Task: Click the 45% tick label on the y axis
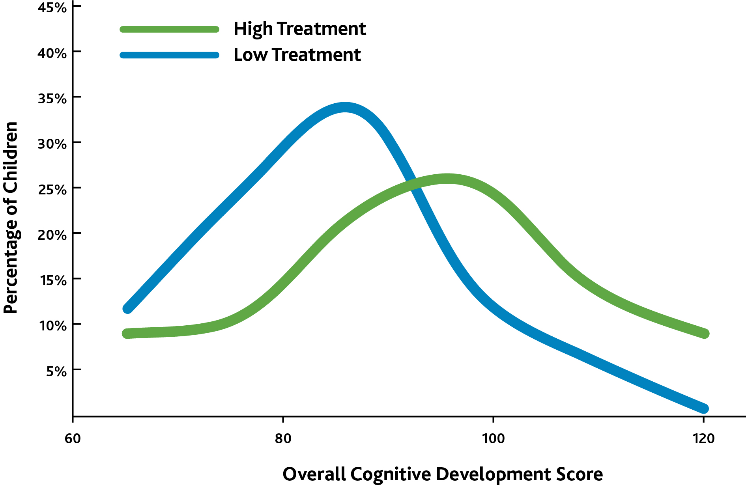52,7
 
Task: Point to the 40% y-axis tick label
52,53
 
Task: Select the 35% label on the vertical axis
52,98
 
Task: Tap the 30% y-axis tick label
52,144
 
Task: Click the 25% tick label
52,189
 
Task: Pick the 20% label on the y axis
52,235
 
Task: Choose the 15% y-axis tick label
52,280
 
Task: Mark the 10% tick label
52,325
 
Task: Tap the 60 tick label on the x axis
73,438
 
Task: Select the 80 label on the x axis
283,438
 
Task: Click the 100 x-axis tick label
493,438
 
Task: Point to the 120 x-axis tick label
703,438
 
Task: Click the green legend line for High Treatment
169,29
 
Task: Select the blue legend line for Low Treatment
169,55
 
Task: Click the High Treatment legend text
300,29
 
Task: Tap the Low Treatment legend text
297,54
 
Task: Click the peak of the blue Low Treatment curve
345,107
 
